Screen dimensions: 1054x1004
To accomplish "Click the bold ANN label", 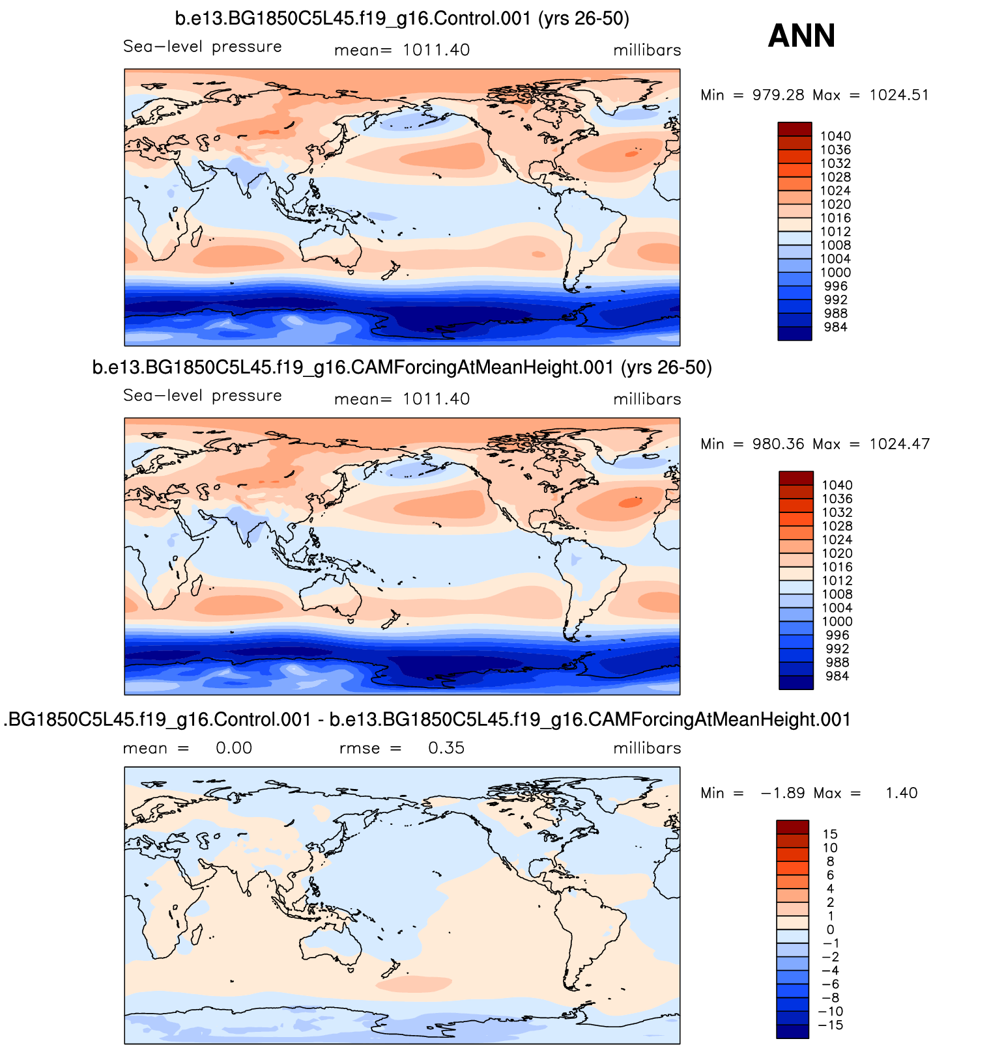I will pos(801,36).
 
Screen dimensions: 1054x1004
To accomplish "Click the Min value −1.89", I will pos(782,793).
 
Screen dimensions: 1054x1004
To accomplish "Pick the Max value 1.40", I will pos(901,793).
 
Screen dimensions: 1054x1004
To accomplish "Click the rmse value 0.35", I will pos(446,748).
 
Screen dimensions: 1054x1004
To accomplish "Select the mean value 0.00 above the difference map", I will pos(234,748).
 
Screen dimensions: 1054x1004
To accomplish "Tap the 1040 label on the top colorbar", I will pos(835,136).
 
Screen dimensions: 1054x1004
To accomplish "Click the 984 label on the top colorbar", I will pos(835,327).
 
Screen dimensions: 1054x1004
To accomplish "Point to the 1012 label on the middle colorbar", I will pos(837,581).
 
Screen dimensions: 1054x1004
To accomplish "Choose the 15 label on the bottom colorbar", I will pos(830,835).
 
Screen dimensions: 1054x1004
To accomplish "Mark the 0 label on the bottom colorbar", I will pos(830,930).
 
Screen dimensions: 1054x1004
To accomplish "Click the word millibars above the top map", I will pos(647,51).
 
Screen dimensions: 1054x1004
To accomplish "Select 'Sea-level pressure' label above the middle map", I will pos(203,396).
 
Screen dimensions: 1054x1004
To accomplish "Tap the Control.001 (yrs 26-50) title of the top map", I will pos(402,19).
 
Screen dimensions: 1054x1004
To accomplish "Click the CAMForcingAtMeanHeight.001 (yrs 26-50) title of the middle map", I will pos(402,368).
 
